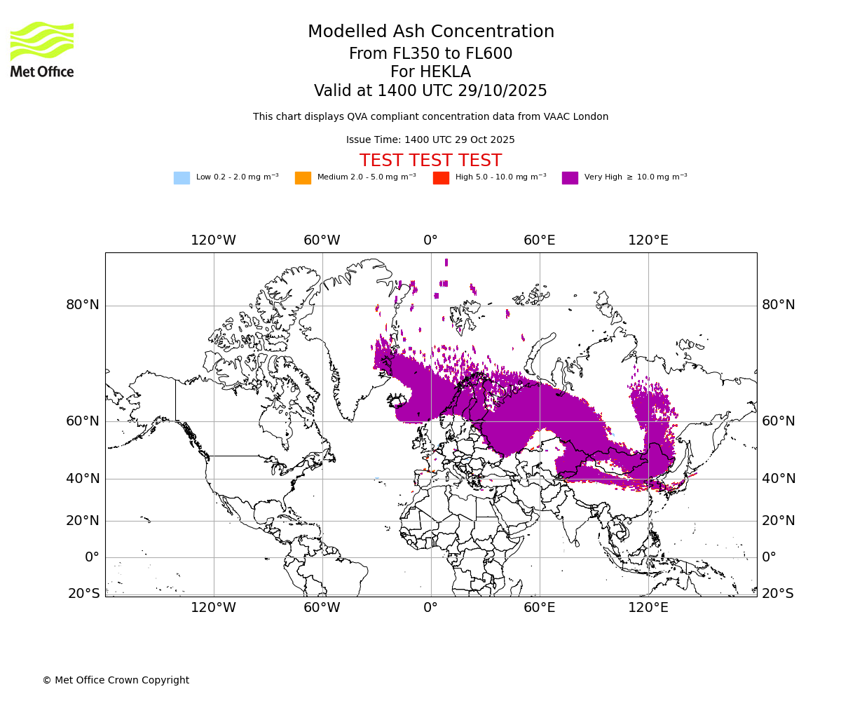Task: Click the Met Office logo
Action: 42,49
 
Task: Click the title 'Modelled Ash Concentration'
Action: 430,32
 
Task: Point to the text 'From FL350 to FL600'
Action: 430,54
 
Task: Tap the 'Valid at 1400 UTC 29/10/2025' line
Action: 430,91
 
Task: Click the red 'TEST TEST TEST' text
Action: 430,161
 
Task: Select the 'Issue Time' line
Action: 430,140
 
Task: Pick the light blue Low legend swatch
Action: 182,178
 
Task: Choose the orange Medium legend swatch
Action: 303,178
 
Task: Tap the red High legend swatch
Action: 441,178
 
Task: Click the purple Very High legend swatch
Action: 570,178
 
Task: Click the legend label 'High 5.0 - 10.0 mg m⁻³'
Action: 500,177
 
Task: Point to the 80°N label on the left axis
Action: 83,305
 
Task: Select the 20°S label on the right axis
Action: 778,594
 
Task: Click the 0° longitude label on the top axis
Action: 430,240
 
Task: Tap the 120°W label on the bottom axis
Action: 213,608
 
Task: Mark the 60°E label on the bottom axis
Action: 539,608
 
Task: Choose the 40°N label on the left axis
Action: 83,479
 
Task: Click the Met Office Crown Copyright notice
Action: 116,680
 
